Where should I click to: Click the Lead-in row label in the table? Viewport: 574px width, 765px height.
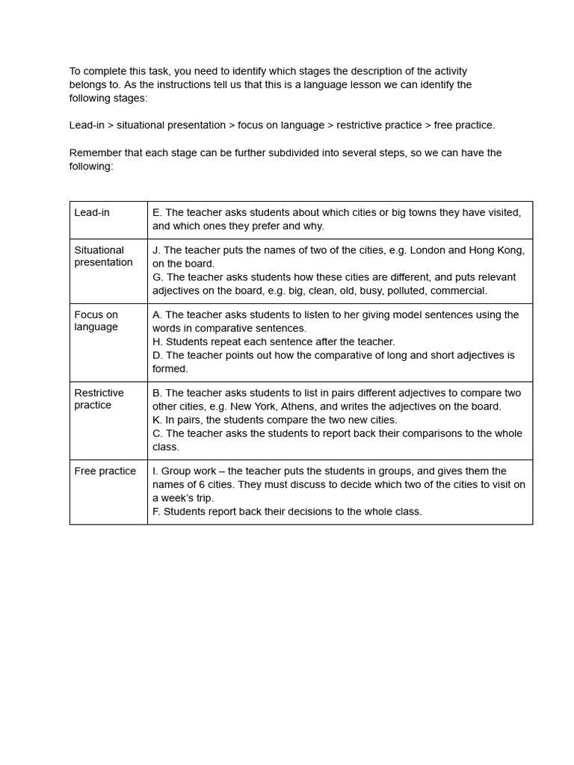tap(92, 213)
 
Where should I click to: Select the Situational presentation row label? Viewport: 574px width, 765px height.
tap(103, 256)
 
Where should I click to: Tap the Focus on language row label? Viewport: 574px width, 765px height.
tap(96, 320)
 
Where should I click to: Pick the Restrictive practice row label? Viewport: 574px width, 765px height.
tap(99, 399)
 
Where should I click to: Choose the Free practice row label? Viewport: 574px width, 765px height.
tap(105, 471)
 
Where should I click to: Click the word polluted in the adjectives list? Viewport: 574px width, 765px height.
tap(407, 291)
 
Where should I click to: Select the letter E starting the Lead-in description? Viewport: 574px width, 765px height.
tap(156, 213)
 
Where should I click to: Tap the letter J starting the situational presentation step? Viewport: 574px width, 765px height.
tap(155, 250)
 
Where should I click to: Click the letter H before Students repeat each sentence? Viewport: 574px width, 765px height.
tap(156, 342)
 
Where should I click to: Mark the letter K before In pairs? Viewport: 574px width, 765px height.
tap(156, 420)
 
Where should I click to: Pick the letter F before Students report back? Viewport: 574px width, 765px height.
tap(156, 512)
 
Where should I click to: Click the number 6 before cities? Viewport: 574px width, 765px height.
tap(202, 485)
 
